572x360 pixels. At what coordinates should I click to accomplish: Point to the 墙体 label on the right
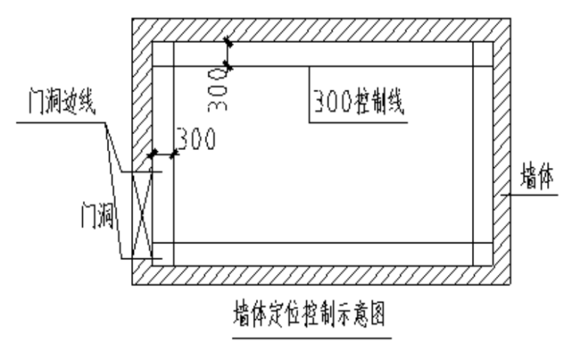click(537, 179)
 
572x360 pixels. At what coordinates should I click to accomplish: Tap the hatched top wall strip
click(316, 29)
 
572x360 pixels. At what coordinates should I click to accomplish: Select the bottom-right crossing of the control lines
click(473, 243)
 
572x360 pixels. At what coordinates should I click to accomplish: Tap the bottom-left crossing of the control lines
click(174, 243)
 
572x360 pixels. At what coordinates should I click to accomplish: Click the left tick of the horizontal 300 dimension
click(153, 154)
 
